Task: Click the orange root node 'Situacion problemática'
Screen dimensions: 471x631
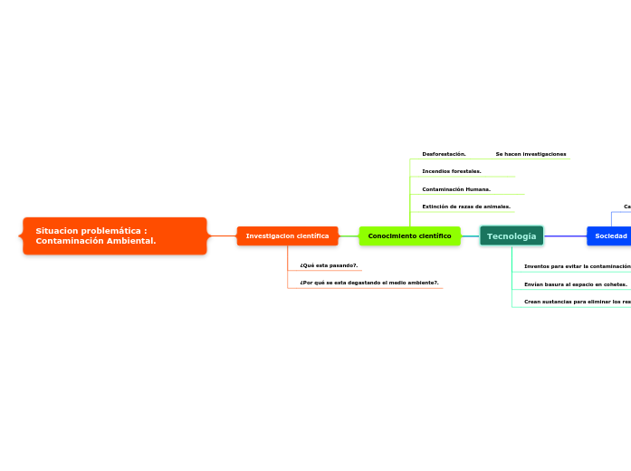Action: click(115, 235)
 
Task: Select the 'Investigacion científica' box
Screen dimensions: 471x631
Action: click(287, 235)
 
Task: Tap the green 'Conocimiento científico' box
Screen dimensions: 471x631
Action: click(409, 235)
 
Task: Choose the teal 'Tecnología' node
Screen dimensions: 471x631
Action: click(511, 235)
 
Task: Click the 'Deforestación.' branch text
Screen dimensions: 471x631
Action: click(444, 154)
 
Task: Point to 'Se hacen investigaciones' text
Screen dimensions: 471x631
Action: click(531, 154)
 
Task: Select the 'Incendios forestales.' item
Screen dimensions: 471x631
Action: click(452, 171)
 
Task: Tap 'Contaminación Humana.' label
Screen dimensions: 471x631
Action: click(456, 189)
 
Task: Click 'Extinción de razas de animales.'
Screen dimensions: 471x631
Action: click(466, 207)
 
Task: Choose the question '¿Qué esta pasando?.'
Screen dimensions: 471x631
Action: click(329, 265)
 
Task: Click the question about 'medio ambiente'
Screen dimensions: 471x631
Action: click(369, 283)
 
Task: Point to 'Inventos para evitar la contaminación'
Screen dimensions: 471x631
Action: click(577, 266)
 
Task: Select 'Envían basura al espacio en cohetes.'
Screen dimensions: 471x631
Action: click(576, 284)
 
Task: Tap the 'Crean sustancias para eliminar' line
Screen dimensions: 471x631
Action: click(577, 301)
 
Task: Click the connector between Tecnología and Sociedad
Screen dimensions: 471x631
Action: click(565, 235)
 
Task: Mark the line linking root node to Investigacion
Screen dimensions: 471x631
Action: click(222, 235)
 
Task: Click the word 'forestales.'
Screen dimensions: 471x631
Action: click(466, 171)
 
